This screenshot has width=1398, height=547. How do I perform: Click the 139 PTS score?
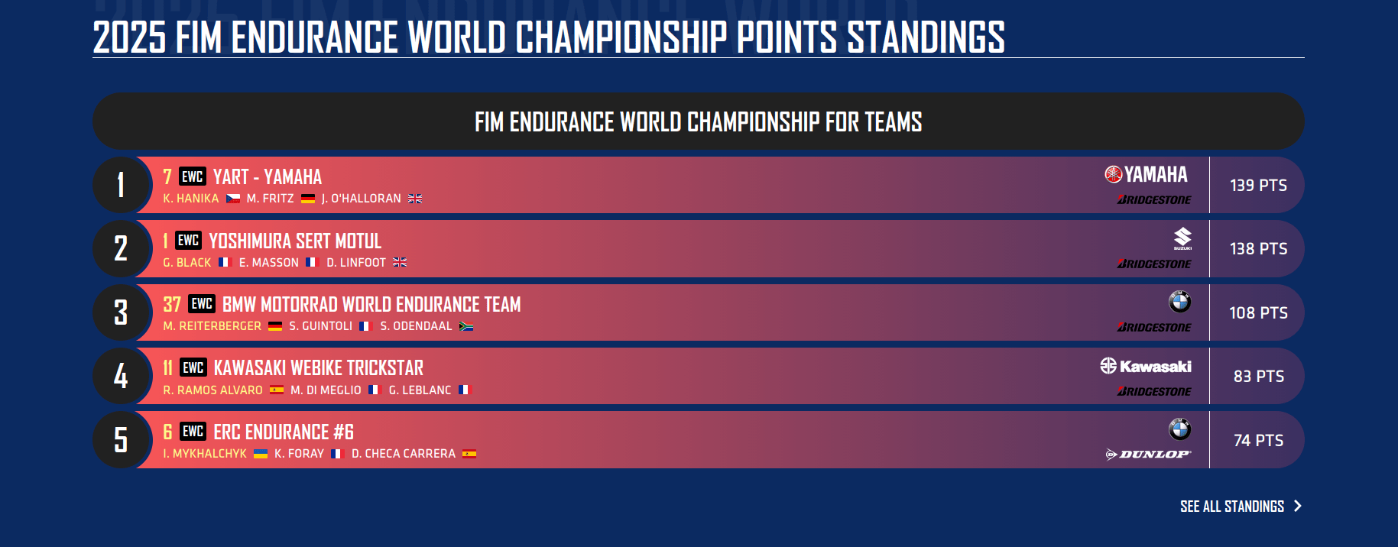coord(1258,185)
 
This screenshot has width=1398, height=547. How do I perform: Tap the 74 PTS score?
coord(1258,440)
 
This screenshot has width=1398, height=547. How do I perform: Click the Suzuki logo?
coord(1182,238)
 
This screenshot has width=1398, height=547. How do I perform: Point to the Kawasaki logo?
coord(1146,366)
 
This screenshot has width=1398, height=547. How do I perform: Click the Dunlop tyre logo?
coord(1148,455)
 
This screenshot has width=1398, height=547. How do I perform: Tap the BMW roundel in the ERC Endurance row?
coord(1179,429)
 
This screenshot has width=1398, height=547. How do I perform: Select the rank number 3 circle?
coord(121,312)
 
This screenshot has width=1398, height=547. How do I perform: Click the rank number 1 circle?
coord(121,185)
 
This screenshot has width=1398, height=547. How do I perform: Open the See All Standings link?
coord(1240,507)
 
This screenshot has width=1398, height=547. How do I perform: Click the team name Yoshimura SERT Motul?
coord(295,241)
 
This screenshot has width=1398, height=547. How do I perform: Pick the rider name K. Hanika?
coord(191,199)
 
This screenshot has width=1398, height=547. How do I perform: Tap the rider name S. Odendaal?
coord(416,326)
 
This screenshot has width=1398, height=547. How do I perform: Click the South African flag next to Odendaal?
coord(466,326)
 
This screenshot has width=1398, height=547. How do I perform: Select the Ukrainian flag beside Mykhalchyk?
coord(261,454)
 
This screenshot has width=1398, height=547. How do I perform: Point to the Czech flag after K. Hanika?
coord(233,199)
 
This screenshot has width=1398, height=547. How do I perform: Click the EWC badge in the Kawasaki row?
coord(193,367)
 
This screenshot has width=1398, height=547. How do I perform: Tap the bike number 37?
coord(172,305)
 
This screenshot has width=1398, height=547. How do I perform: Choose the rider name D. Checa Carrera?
coord(404,454)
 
